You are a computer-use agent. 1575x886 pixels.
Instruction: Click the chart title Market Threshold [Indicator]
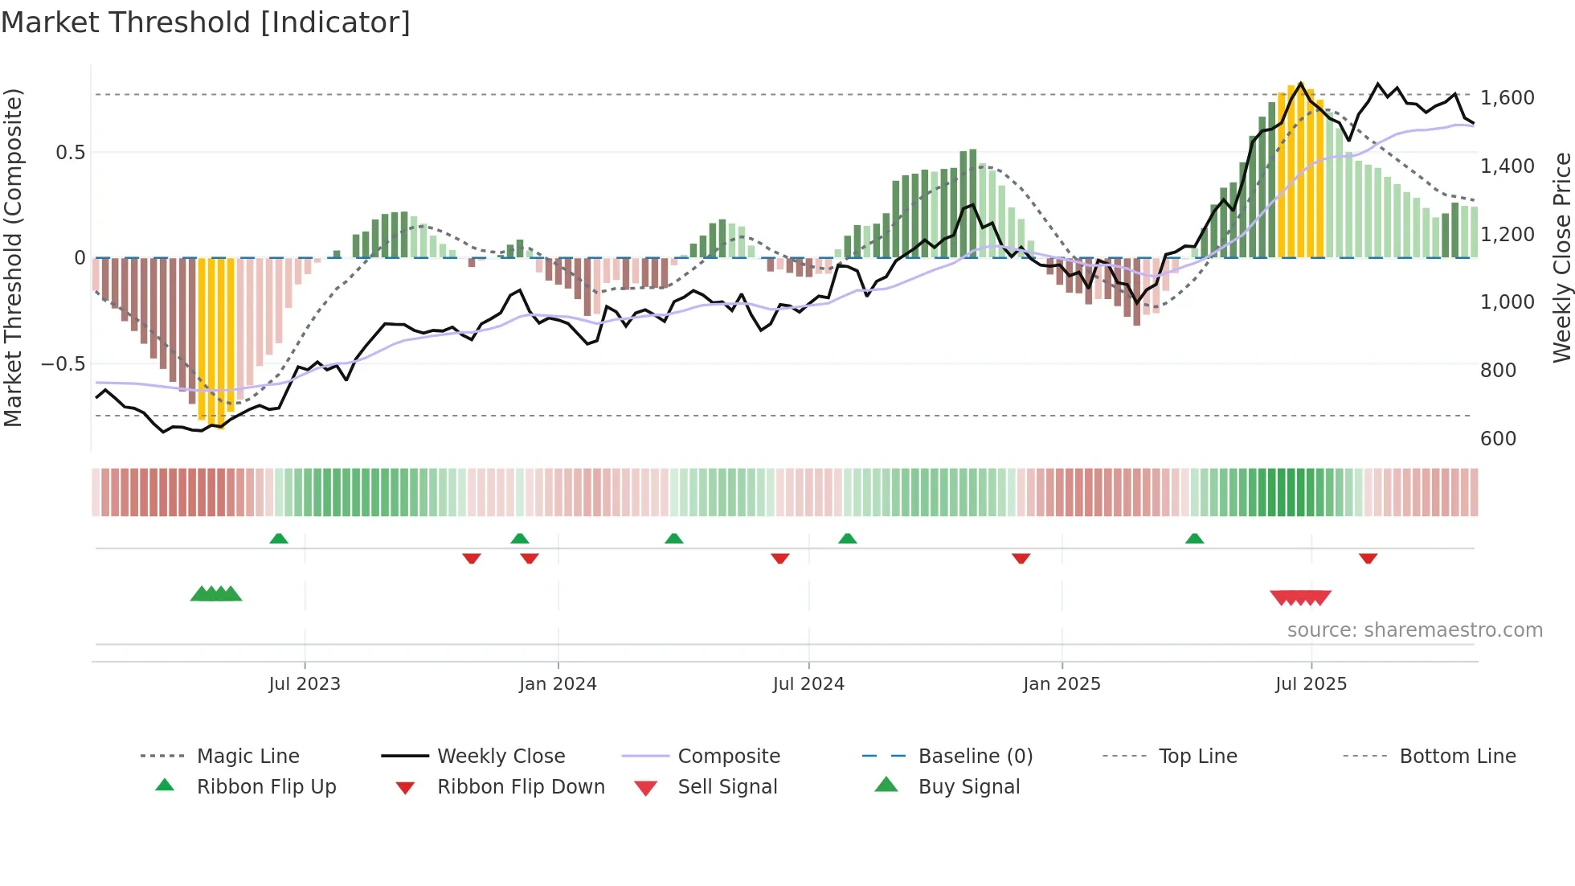[x=206, y=23]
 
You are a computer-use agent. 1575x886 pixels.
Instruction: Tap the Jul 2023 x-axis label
[x=305, y=684]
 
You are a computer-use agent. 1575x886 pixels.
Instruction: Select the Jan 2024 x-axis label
[x=558, y=684]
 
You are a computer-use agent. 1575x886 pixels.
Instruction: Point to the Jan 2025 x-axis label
[x=1062, y=684]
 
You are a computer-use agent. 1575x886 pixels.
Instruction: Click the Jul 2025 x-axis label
[x=1311, y=684]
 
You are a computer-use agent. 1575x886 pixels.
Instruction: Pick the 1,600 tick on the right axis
[x=1507, y=98]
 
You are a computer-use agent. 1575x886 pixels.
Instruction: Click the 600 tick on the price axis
[x=1498, y=439]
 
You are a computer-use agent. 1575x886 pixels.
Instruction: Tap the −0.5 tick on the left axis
[x=63, y=364]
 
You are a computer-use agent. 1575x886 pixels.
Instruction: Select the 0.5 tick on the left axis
[x=70, y=153]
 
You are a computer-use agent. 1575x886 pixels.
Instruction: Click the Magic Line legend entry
[x=247, y=757]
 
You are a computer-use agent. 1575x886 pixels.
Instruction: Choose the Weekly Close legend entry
[x=501, y=757]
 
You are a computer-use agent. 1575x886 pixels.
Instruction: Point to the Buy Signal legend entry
[x=968, y=787]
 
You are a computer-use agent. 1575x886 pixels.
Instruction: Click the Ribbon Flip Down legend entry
[x=521, y=787]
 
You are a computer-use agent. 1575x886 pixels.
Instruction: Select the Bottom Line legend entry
[x=1457, y=757]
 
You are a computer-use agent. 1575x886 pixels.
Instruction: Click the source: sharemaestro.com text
[x=1414, y=630]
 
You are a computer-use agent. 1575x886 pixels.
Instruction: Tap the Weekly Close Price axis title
[x=1561, y=257]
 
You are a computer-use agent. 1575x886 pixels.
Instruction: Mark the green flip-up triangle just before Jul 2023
[x=279, y=539]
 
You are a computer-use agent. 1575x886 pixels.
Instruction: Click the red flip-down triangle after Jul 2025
[x=1368, y=558]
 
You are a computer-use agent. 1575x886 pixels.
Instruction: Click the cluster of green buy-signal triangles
[x=216, y=594]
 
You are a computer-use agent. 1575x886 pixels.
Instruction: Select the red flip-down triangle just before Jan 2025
[x=1021, y=558]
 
